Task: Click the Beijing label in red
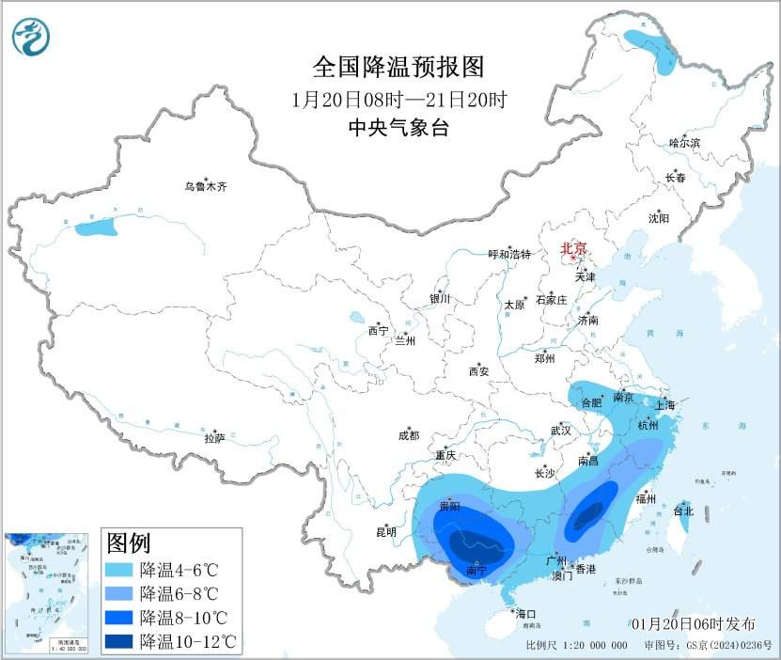click(x=573, y=249)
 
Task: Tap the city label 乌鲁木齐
click(x=205, y=187)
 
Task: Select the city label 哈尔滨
click(x=684, y=142)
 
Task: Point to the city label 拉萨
click(x=214, y=438)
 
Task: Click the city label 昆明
click(x=386, y=532)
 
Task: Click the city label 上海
click(x=664, y=405)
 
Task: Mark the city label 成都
click(x=409, y=435)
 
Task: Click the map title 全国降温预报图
click(x=398, y=67)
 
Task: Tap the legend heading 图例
click(x=129, y=542)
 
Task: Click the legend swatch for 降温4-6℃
click(x=119, y=570)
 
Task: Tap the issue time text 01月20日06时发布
click(x=693, y=624)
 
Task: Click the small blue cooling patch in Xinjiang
click(x=97, y=227)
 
